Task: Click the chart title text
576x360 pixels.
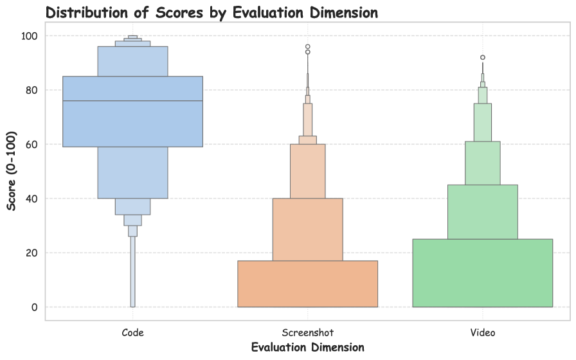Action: (x=212, y=12)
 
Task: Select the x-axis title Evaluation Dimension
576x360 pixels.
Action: (x=307, y=347)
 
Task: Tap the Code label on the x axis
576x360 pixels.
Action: (x=132, y=332)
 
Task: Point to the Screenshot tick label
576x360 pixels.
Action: (x=307, y=332)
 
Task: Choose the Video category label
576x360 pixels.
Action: (x=482, y=332)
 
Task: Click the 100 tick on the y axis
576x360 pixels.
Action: (x=30, y=36)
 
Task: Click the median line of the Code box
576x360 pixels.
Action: (x=132, y=101)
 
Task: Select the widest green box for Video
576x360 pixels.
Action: (x=482, y=273)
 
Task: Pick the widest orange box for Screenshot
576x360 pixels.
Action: (x=307, y=284)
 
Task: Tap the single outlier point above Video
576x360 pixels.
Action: (x=483, y=58)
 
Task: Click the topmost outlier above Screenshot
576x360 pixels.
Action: (x=308, y=47)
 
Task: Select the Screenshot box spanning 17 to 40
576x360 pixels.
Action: (x=307, y=230)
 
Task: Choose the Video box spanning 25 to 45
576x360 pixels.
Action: (x=482, y=212)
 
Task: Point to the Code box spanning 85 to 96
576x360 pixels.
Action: (x=132, y=61)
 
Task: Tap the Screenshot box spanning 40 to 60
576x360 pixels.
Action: (x=307, y=171)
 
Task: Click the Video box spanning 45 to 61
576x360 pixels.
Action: (x=482, y=163)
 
